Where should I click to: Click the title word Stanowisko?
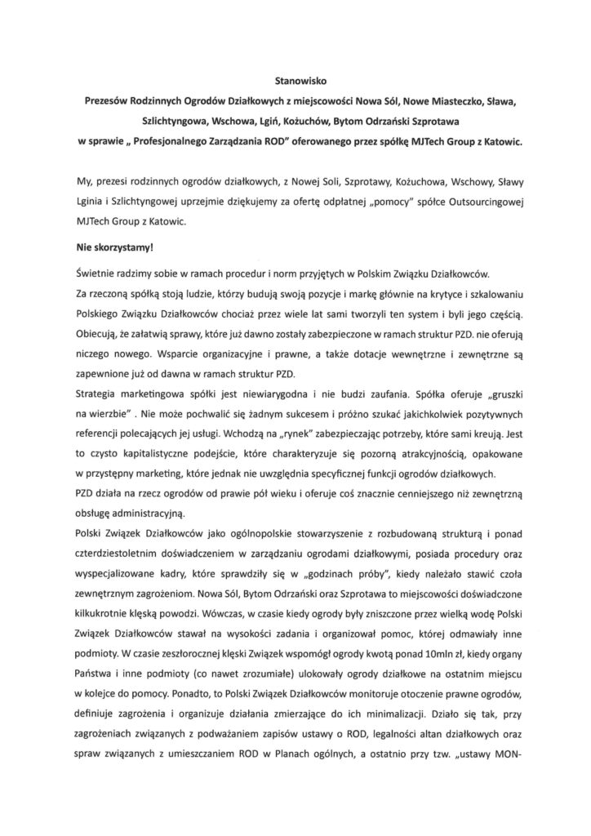[x=295, y=82]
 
